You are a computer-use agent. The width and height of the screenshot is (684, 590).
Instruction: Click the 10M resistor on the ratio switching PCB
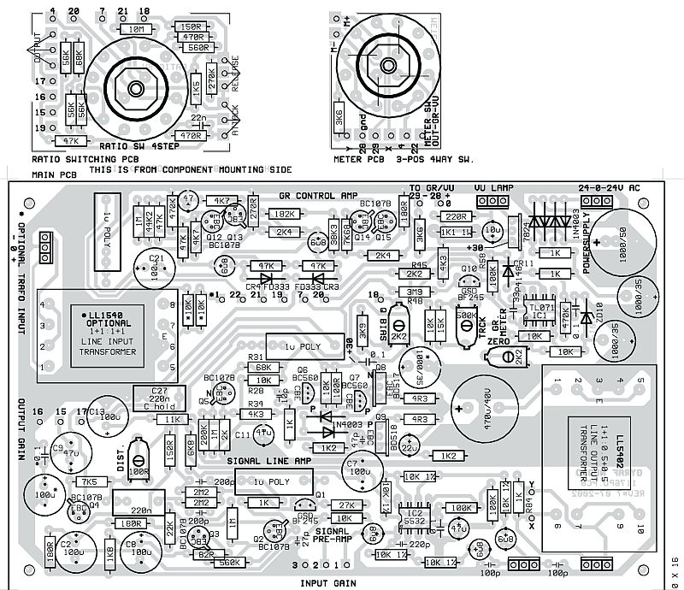(135, 29)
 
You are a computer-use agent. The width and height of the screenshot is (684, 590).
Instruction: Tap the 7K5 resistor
(68, 482)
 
